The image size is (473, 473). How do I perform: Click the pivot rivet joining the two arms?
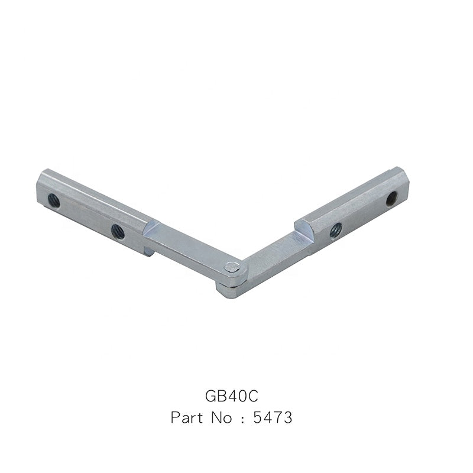coord(232,267)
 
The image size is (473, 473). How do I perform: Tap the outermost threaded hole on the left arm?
coord(54,201)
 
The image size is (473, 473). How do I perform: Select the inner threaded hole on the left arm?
coord(118,232)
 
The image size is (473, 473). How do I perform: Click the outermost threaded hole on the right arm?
coord(392,199)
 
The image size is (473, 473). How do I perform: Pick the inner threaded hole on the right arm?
coord(336,231)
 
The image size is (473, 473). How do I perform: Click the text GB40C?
coord(231,396)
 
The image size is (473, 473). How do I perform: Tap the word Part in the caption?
coord(187,417)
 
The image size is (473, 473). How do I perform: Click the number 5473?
coord(273,417)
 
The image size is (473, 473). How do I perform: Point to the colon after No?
coord(243,419)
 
